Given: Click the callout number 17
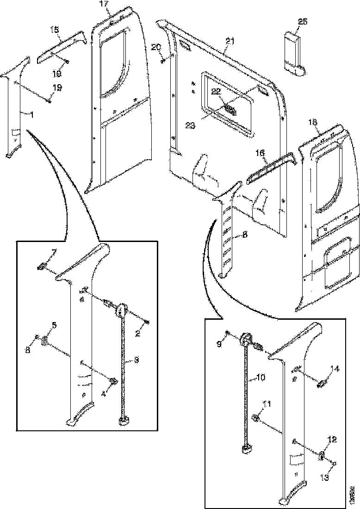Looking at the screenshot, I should tap(105, 4).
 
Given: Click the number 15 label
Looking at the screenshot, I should tap(55, 29).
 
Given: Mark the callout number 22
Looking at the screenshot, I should tap(215, 92).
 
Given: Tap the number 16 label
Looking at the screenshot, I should tap(261, 152).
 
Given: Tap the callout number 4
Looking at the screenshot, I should tap(104, 382).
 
